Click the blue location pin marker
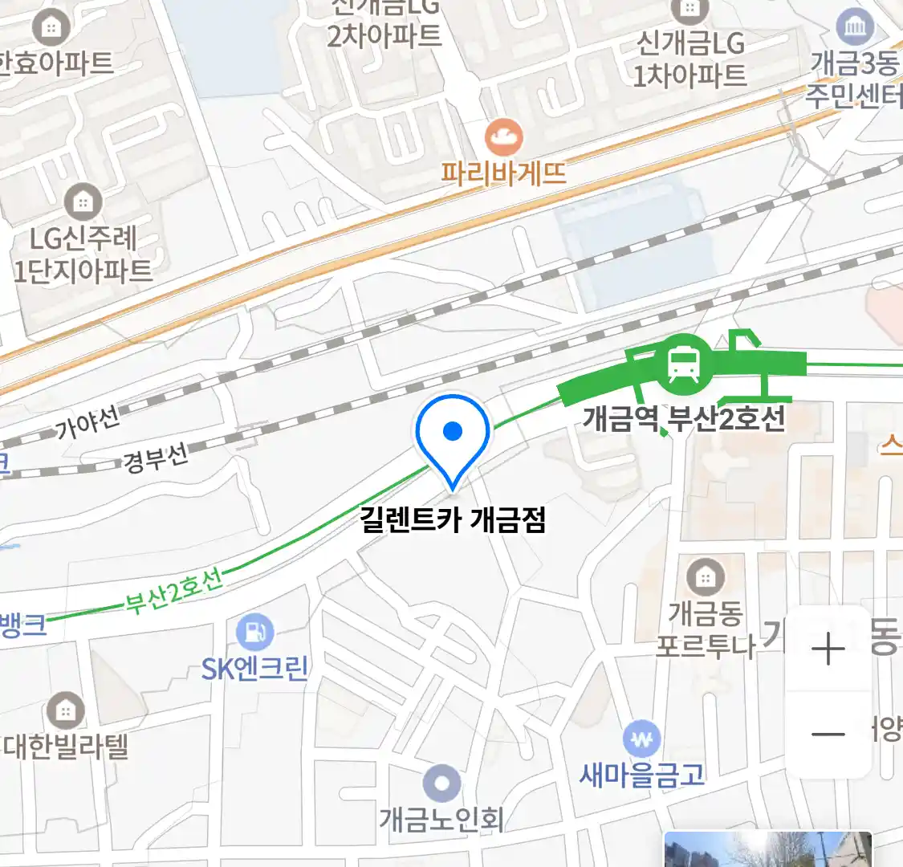pyautogui.click(x=453, y=438)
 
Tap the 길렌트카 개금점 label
pyautogui.click(x=453, y=520)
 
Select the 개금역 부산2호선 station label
pyautogui.click(x=683, y=418)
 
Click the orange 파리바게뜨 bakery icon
pyautogui.click(x=504, y=137)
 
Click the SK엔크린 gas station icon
pyautogui.click(x=255, y=633)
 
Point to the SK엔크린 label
pyautogui.click(x=255, y=669)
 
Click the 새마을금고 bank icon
pyautogui.click(x=641, y=739)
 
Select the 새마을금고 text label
pyautogui.click(x=641, y=775)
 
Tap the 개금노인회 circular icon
pyautogui.click(x=441, y=784)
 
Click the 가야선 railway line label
pyautogui.click(x=87, y=422)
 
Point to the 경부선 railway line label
pyautogui.click(x=156, y=459)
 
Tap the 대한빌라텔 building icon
pyautogui.click(x=65, y=710)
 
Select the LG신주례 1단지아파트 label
pyautogui.click(x=83, y=254)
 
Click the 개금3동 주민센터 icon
pyautogui.click(x=855, y=28)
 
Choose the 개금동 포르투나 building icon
pyautogui.click(x=705, y=576)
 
